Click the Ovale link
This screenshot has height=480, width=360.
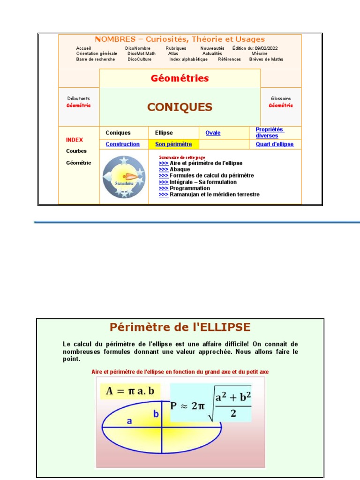[213, 133]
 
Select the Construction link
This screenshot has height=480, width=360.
[122, 144]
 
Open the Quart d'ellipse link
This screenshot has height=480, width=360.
[275, 144]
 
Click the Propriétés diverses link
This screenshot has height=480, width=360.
[270, 133]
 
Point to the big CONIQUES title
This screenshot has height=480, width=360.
[180, 107]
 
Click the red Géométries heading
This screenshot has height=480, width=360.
[180, 78]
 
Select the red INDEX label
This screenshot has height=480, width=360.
[75, 140]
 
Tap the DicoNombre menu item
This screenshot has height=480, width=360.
[136, 48]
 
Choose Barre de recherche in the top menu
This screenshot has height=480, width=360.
[95, 60]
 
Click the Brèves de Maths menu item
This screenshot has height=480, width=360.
[266, 60]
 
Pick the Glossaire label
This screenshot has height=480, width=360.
[281, 98]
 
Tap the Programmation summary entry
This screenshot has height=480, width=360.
[189, 188]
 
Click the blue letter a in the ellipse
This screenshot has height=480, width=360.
[129, 421]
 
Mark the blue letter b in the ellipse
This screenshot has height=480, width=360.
[156, 414]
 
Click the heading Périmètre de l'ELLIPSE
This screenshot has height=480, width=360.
[180, 327]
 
